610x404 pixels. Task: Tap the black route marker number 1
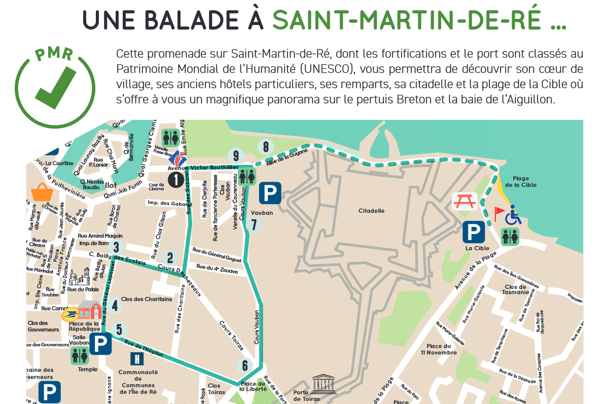click(175, 180)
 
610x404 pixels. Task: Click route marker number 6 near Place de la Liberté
click(244, 365)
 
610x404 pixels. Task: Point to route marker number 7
click(255, 224)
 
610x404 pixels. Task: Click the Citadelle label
click(371, 211)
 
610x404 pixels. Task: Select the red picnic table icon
click(464, 201)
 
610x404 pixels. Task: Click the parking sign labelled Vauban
click(269, 194)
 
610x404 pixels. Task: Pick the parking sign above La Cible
click(474, 231)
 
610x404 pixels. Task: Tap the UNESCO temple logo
click(324, 383)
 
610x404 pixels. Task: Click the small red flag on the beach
click(499, 211)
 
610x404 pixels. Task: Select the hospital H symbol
click(136, 359)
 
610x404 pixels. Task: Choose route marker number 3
click(116, 247)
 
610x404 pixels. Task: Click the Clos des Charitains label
click(147, 299)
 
